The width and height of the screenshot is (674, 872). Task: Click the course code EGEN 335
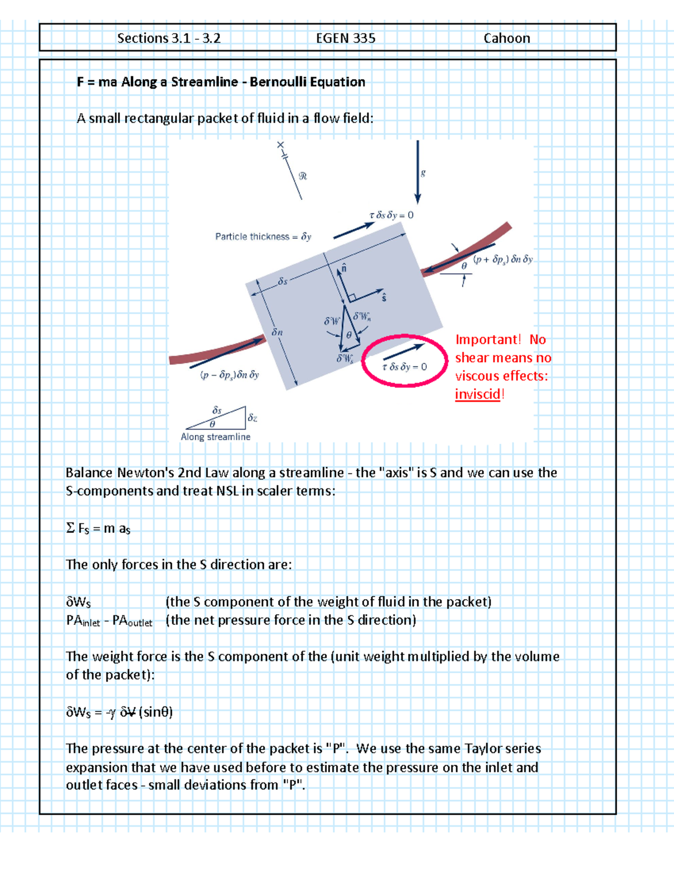(x=345, y=38)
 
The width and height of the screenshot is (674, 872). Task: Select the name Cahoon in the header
(x=507, y=38)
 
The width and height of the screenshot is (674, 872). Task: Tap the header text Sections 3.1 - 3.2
(x=168, y=38)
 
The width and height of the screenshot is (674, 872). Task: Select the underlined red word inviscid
(x=477, y=394)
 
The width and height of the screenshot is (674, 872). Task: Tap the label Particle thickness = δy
(x=263, y=237)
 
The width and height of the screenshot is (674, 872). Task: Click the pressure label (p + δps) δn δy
(x=503, y=259)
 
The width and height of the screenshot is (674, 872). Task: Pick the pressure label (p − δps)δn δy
(x=230, y=375)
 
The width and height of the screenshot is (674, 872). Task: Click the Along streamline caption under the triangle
(x=216, y=437)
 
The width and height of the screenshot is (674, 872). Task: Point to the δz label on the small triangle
(x=253, y=418)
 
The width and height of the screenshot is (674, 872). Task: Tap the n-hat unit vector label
(x=344, y=268)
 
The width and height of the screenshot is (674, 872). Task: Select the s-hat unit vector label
(x=384, y=297)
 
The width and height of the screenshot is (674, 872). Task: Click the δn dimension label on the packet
(x=277, y=332)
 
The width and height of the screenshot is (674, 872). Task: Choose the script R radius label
(x=303, y=176)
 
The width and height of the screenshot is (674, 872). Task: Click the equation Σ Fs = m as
(x=98, y=528)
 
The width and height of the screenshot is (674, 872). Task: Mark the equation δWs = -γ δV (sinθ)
(x=119, y=712)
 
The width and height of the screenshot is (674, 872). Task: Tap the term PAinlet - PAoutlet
(x=109, y=620)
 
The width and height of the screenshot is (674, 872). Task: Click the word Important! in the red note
(x=488, y=340)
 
